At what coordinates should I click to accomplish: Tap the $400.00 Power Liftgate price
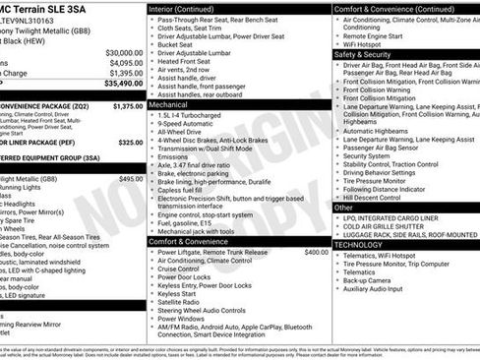point(316,252)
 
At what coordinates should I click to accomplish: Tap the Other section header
point(343,208)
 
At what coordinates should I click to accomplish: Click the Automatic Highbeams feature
point(378,131)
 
